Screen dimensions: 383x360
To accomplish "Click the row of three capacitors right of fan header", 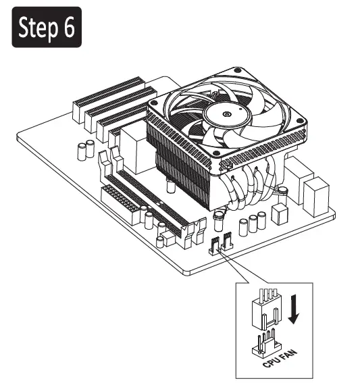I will pyautogui.click(x=251, y=224).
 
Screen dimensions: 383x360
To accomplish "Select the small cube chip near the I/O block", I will pyautogui.click(x=280, y=213).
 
